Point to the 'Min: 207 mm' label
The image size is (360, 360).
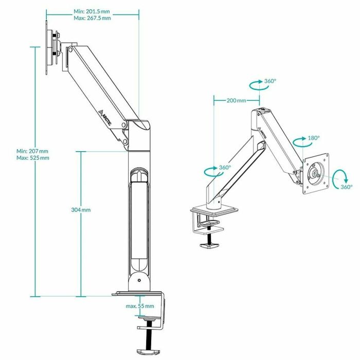click(x=32, y=151)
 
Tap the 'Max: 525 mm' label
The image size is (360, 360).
click(x=32, y=158)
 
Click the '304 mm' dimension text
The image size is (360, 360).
click(x=81, y=210)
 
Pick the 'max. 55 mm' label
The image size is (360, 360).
click(x=139, y=306)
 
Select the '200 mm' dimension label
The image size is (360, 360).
click(x=236, y=100)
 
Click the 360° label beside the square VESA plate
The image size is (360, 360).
click(x=346, y=187)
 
